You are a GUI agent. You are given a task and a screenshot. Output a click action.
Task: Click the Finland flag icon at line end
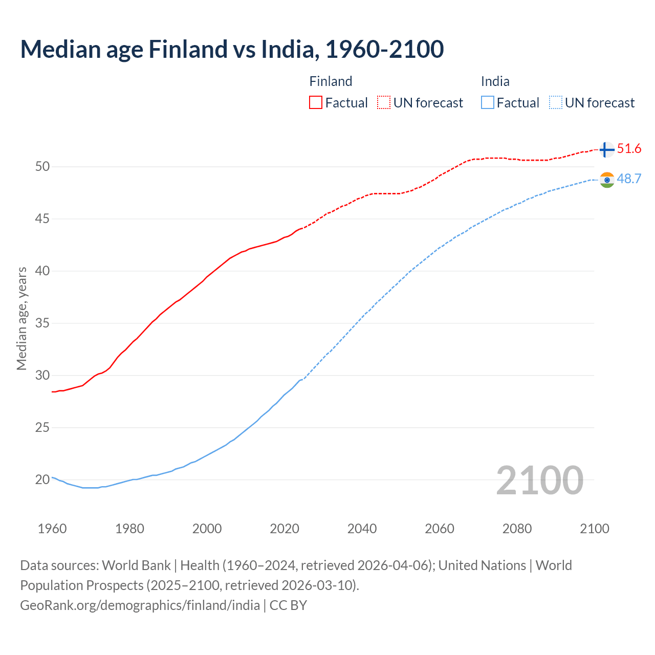606,149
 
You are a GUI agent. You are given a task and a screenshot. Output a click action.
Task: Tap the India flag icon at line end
607,180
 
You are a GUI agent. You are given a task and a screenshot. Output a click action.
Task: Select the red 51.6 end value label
629,149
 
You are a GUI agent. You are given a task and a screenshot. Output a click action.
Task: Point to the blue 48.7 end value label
629,179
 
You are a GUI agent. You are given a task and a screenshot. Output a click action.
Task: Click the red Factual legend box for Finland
316,103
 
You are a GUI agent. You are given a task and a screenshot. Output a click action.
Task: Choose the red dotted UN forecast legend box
384,103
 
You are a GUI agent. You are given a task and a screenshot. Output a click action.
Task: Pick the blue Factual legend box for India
488,103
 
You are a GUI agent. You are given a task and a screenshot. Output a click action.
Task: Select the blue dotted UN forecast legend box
556,103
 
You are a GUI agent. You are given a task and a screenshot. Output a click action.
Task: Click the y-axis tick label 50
42,167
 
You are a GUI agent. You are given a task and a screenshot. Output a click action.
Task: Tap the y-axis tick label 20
42,480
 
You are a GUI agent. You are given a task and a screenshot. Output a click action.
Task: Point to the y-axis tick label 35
42,323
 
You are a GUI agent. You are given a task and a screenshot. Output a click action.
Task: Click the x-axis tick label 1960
52,529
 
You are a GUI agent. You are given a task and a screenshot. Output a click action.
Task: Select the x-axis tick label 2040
362,529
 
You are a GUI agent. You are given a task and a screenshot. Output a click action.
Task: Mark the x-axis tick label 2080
517,529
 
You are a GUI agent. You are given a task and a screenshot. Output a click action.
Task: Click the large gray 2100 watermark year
540,480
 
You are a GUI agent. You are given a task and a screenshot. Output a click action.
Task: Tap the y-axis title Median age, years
21,318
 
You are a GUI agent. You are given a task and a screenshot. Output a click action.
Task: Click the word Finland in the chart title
188,49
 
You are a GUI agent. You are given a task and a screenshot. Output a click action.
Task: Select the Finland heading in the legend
331,81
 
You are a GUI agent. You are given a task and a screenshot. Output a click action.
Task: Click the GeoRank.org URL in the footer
140,605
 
